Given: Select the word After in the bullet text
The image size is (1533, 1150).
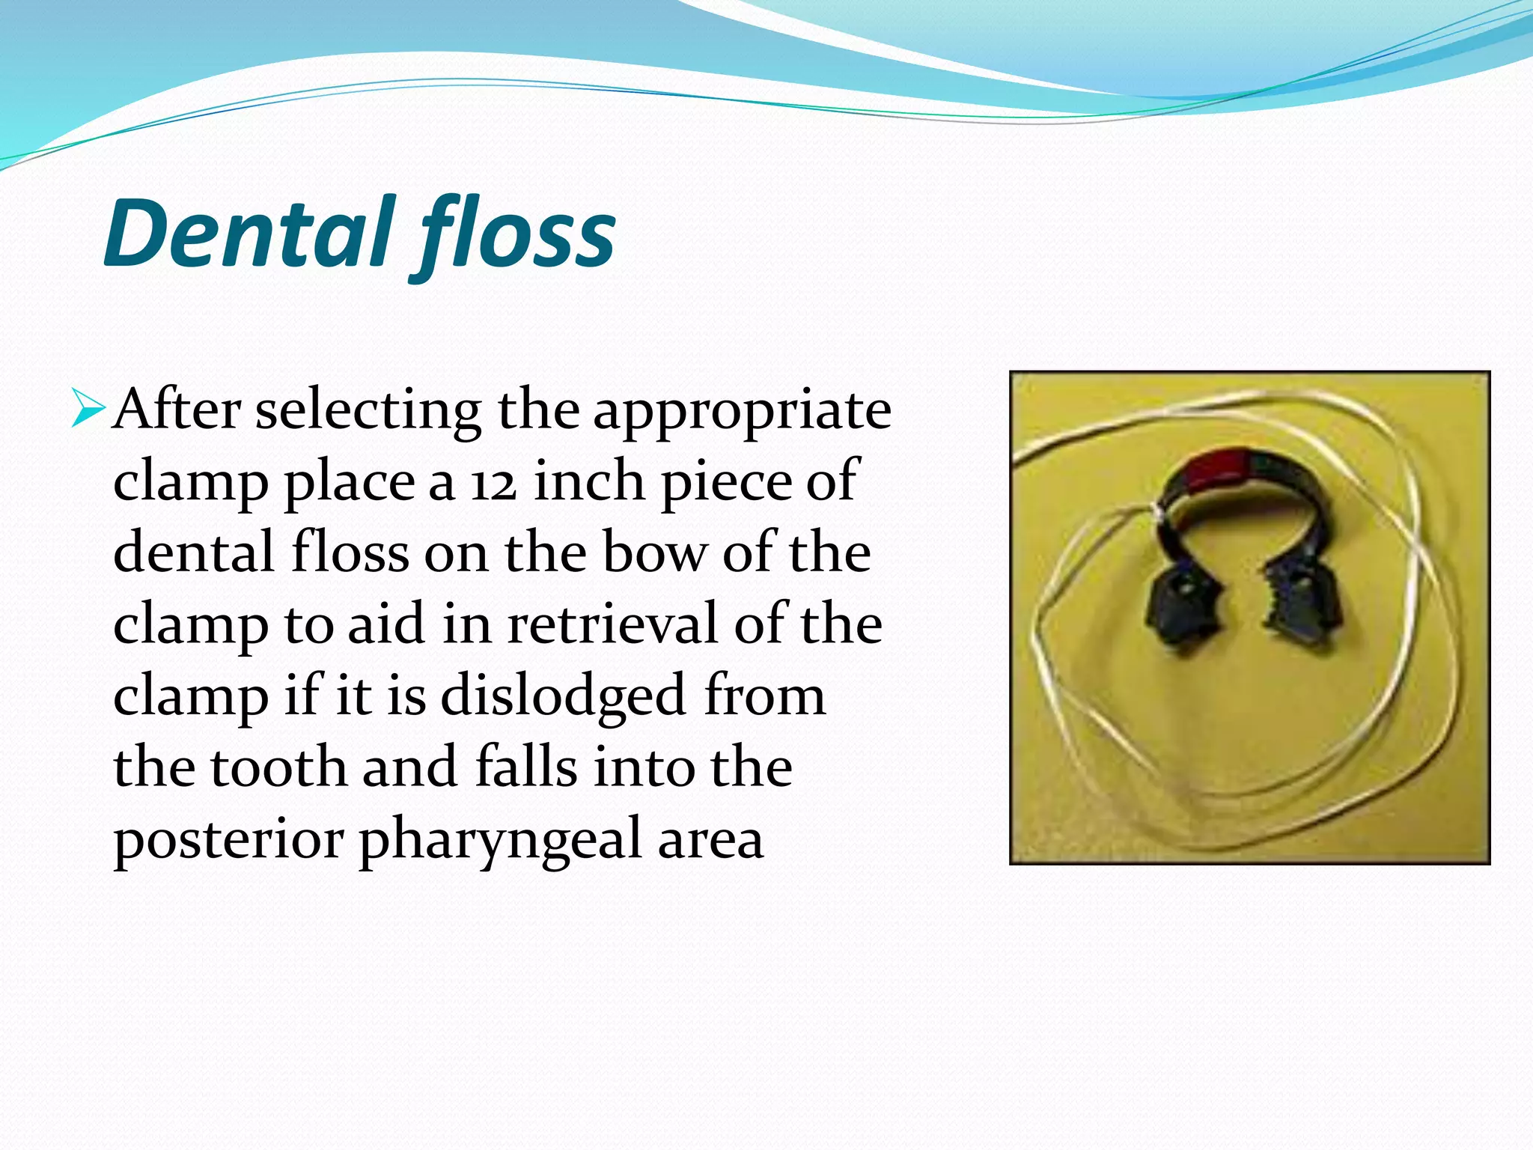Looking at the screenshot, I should (x=177, y=410).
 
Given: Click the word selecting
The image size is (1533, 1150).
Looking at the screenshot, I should (x=368, y=412).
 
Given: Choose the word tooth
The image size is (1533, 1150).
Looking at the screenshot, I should (x=279, y=767).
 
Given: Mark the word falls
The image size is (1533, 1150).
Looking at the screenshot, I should (x=526, y=767).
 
